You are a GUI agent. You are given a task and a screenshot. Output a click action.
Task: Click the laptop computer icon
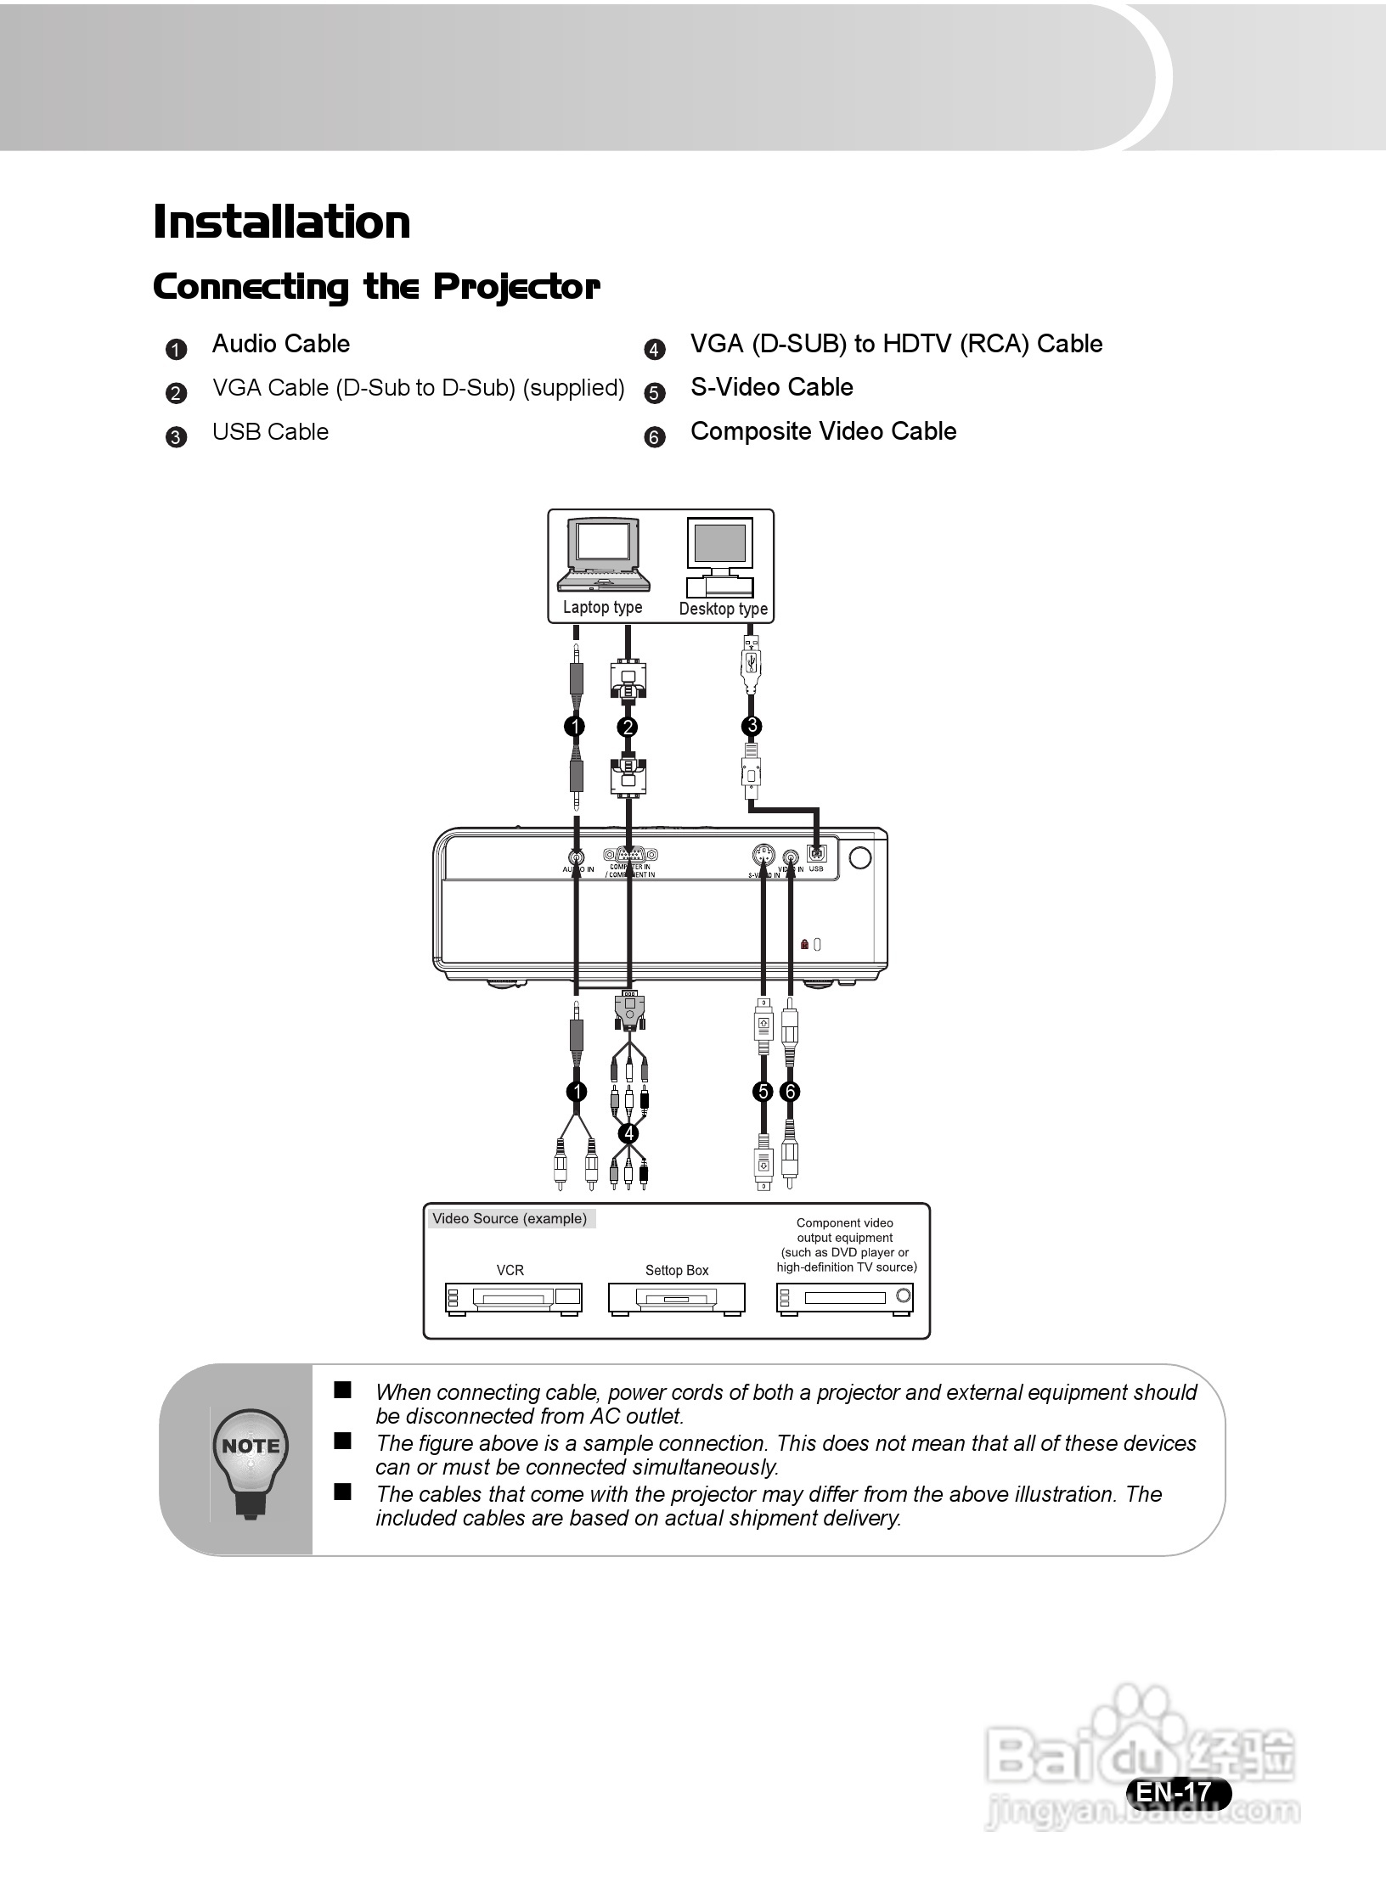(x=603, y=556)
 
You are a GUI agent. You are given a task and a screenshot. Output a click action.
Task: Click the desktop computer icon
(x=720, y=558)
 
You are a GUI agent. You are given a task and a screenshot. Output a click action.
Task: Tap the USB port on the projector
(x=816, y=854)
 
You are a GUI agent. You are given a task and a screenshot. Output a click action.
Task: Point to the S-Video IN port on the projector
(x=763, y=855)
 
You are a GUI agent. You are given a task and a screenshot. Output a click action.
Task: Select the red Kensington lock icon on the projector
(x=805, y=944)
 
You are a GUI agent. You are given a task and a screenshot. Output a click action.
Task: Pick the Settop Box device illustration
(x=677, y=1298)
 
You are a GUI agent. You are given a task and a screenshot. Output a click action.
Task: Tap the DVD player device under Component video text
(x=845, y=1298)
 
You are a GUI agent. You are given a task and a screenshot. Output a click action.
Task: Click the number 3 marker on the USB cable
(x=752, y=726)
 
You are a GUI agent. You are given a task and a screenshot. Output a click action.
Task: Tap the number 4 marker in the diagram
(x=628, y=1133)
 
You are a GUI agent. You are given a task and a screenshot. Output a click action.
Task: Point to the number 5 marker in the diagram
(x=763, y=1092)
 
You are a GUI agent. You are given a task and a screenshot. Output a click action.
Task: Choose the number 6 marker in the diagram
(x=791, y=1092)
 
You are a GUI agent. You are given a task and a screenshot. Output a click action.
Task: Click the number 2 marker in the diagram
(x=628, y=727)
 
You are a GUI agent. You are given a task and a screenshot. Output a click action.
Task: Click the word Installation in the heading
(x=282, y=222)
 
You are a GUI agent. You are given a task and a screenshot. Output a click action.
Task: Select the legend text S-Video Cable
(x=771, y=387)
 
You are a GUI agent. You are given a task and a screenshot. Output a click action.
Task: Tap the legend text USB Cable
(x=270, y=432)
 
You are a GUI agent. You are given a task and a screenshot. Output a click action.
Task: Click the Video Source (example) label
(x=510, y=1219)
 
